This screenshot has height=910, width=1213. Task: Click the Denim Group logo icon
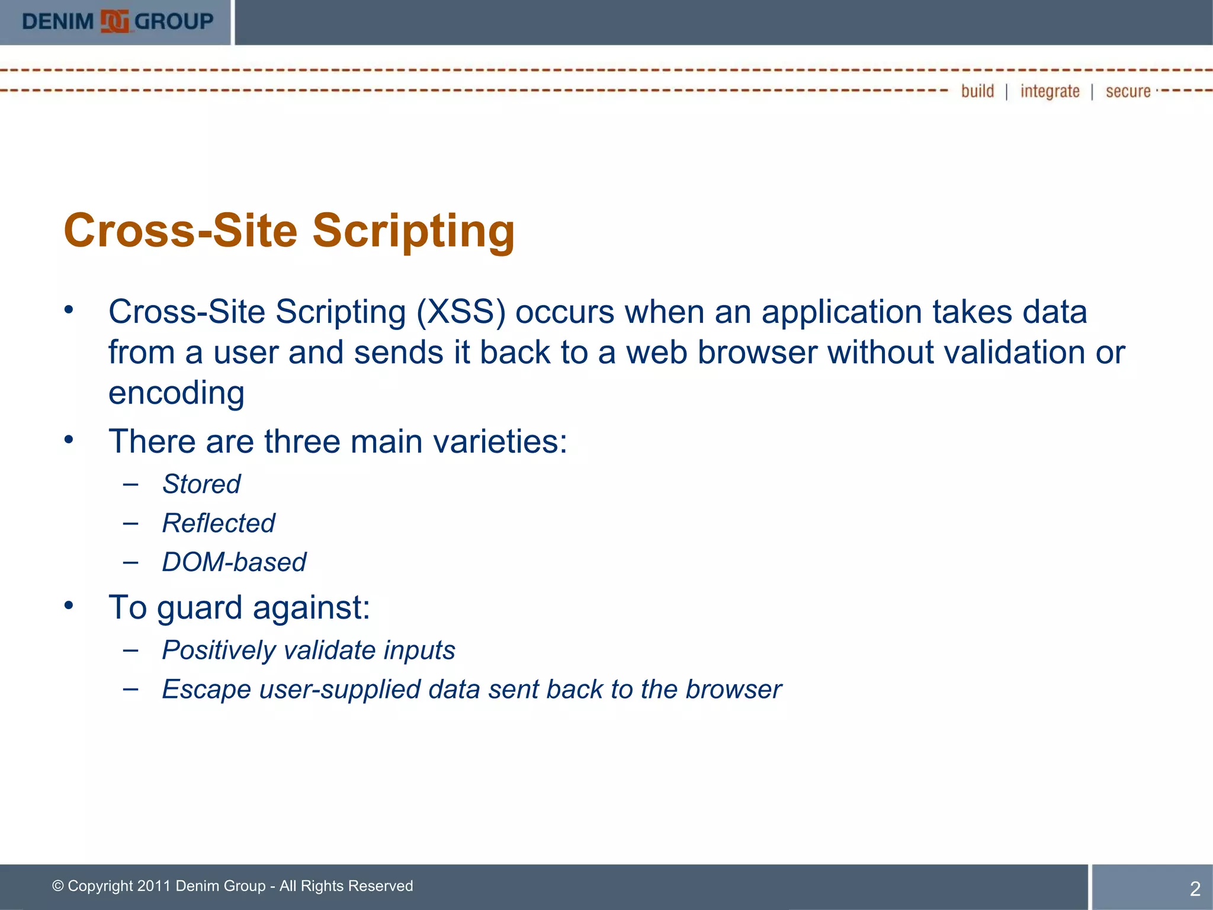[x=114, y=22]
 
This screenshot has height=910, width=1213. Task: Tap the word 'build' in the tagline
[x=977, y=91]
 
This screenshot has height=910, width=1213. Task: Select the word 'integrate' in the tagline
[x=1050, y=92]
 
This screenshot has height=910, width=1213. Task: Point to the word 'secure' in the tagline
[x=1128, y=92]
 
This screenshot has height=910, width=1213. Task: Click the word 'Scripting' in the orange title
[x=413, y=231]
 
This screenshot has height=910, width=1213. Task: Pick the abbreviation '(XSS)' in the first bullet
[x=461, y=312]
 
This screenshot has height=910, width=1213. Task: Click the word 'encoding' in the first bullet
[x=177, y=393]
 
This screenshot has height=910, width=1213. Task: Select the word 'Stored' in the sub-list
[x=201, y=484]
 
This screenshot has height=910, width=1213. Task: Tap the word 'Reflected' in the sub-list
[x=219, y=523]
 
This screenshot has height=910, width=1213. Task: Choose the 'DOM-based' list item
[x=234, y=562]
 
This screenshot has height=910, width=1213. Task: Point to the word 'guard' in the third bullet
[x=200, y=608]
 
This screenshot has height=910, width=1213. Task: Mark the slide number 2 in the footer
[x=1195, y=889]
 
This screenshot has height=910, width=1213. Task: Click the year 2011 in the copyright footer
[x=153, y=886]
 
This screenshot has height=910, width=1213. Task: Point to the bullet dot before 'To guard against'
[x=69, y=605]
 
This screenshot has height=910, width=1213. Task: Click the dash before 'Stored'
[x=131, y=484]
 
